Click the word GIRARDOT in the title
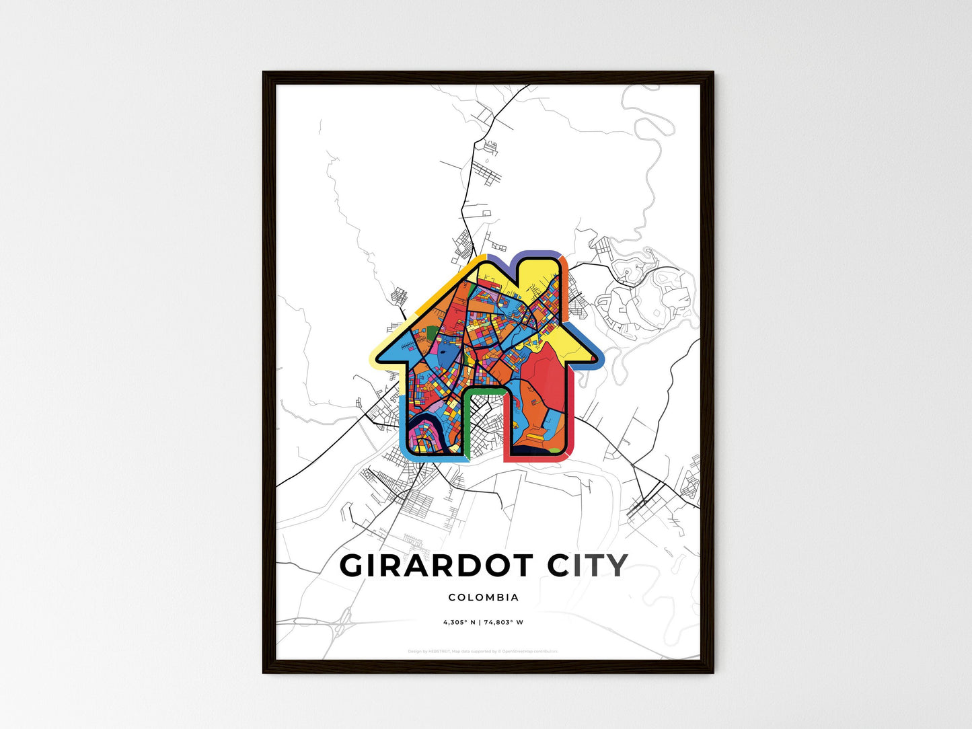point(437,566)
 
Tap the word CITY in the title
point(587,566)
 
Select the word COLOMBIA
point(483,597)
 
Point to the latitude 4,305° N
point(459,622)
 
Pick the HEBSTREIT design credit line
point(482,651)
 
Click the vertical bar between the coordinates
point(480,622)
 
